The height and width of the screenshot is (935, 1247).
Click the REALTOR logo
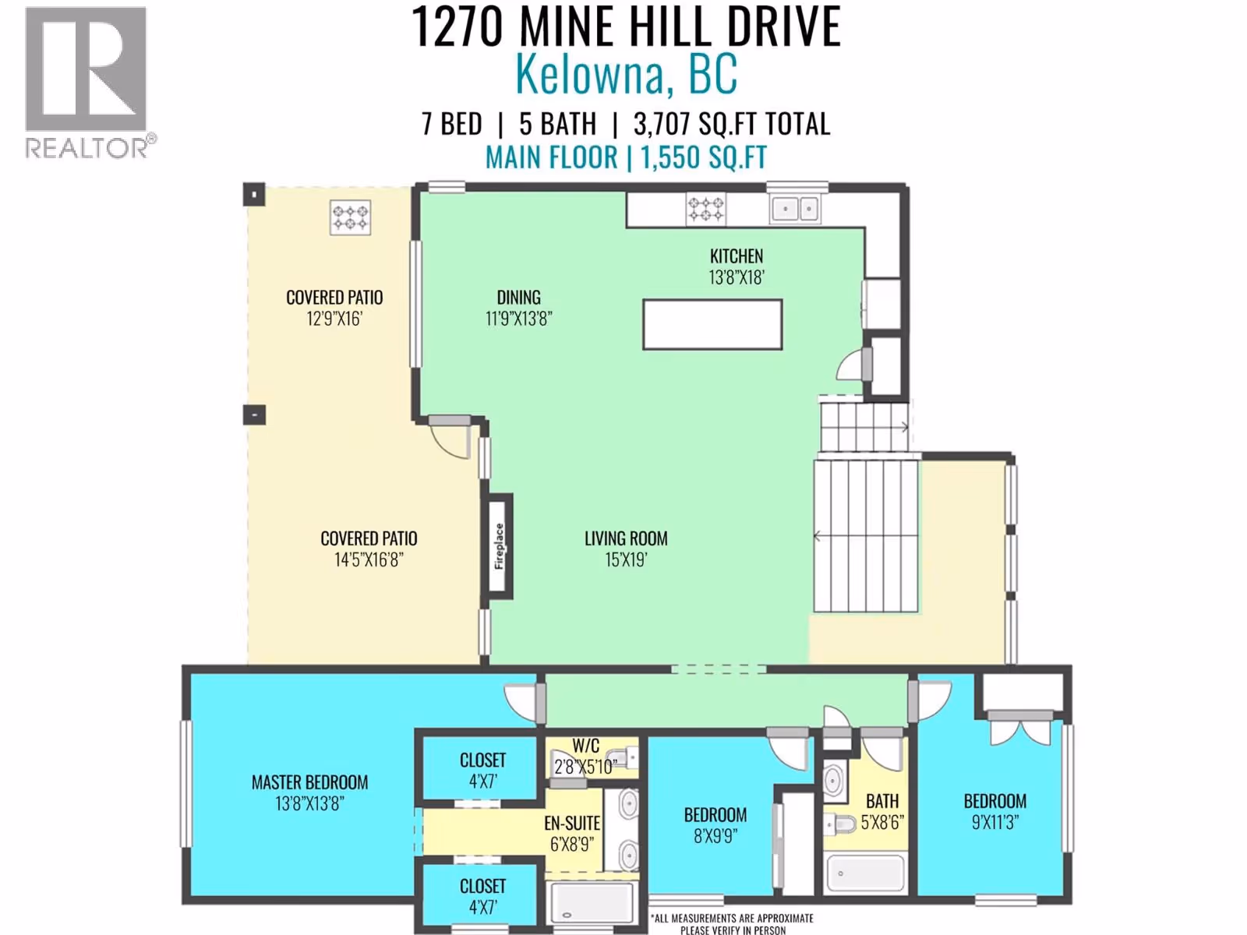point(89,83)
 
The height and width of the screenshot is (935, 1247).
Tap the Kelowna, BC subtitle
point(626,74)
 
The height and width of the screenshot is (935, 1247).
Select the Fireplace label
point(499,546)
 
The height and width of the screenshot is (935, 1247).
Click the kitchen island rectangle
point(712,325)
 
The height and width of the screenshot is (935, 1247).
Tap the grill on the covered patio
point(350,217)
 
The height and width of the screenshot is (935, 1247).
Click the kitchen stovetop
point(705,209)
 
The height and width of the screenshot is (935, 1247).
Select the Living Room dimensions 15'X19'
point(626,560)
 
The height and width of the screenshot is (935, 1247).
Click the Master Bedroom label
point(309,782)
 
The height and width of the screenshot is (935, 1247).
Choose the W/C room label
point(586,745)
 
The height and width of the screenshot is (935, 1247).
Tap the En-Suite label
point(572,823)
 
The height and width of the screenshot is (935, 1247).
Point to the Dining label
point(519,298)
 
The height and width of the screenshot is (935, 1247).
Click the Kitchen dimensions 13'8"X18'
point(737,277)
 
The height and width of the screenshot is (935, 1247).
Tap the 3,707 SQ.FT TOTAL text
point(732,124)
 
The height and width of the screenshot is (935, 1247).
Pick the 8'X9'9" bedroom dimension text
point(715,836)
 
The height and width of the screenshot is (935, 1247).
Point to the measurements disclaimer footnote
point(733,923)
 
